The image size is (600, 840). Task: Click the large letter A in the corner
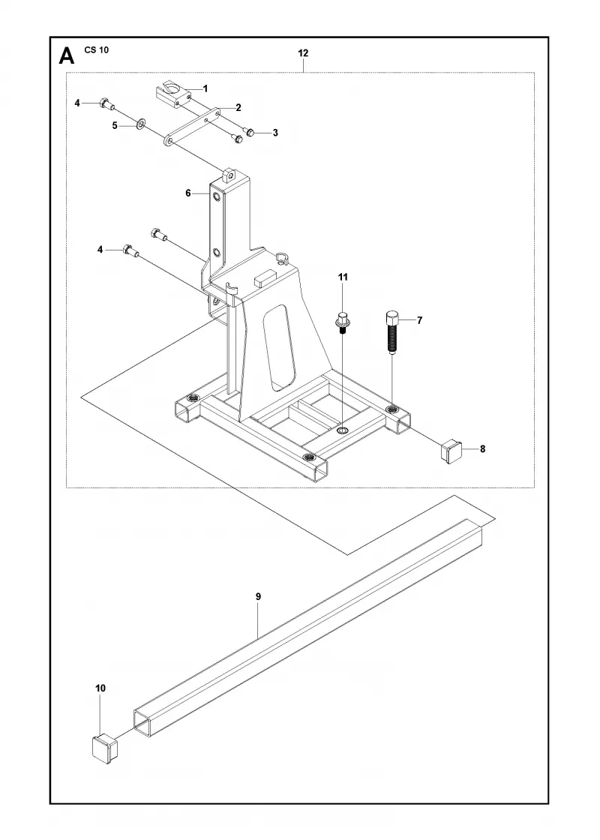coord(66,55)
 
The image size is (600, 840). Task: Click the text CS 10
coord(97,49)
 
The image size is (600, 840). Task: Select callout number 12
coord(303,53)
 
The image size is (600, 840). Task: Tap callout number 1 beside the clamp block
coord(205,88)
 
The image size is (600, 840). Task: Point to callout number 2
coord(238,107)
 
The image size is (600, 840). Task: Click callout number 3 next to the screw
coord(275,132)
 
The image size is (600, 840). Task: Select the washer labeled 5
coord(139,124)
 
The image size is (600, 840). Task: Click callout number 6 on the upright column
coord(188,193)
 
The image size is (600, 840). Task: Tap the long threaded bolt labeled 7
coord(391,332)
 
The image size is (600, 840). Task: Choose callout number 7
coord(419,320)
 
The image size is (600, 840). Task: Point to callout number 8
coord(483,449)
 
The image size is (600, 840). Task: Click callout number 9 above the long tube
coord(258,596)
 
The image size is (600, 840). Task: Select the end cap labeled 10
coord(104,746)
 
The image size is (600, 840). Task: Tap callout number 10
coord(100,688)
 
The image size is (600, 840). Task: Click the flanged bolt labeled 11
coord(342,322)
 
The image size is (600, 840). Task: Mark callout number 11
coord(342,277)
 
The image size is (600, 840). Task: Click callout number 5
coord(115,125)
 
